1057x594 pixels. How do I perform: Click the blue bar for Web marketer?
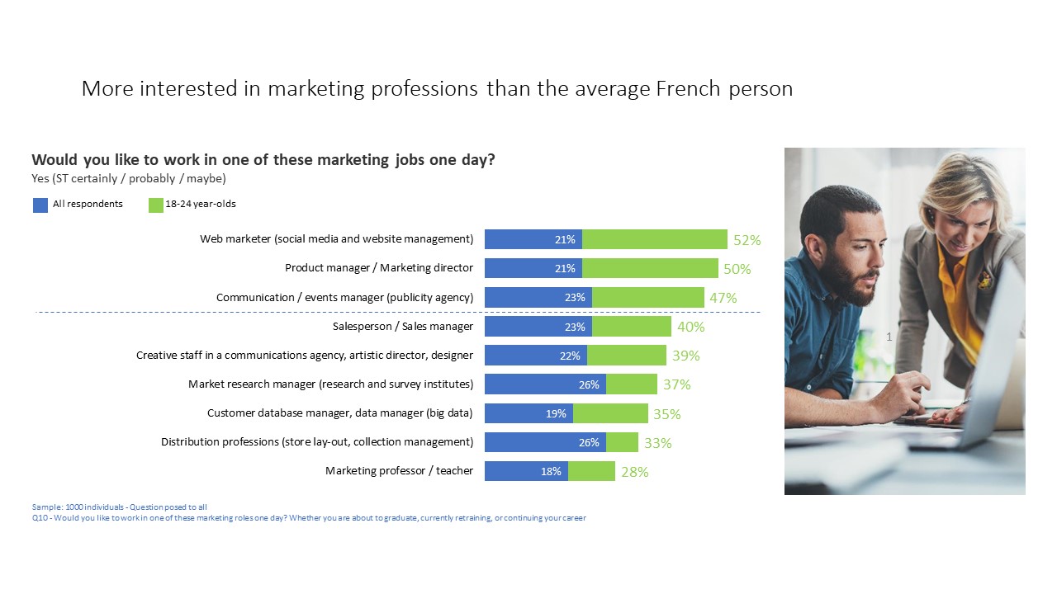533,239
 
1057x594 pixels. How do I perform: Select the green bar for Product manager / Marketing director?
650,268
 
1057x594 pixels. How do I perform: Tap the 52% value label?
747,240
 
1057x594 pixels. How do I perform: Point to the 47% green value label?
723,298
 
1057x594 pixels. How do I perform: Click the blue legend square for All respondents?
40,205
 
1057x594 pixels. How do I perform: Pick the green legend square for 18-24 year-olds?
156,205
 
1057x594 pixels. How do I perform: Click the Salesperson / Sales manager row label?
402,327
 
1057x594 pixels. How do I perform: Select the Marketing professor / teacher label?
399,471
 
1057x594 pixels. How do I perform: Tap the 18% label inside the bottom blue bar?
551,472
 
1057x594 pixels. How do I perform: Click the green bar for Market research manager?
632,384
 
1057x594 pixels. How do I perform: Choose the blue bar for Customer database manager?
528,413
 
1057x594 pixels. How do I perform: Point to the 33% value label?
658,443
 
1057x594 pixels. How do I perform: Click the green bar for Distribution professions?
622,442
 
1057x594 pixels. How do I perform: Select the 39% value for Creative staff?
685,356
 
